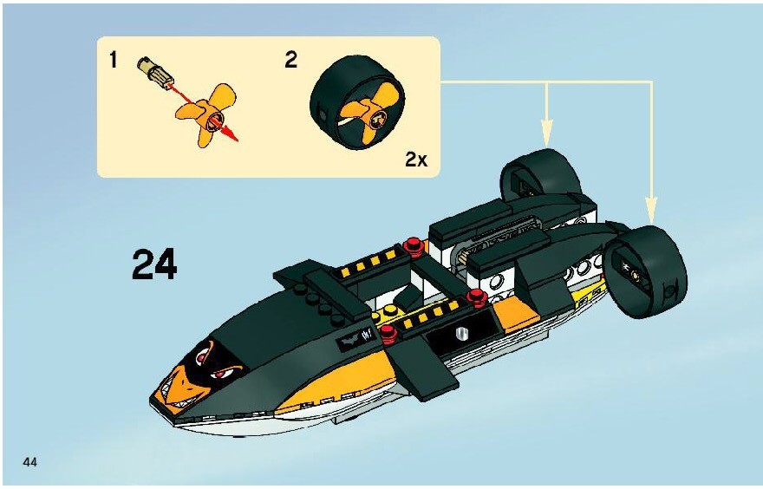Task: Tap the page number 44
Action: [x=29, y=462]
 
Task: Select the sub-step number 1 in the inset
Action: [x=114, y=61]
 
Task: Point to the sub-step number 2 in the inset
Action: [x=290, y=60]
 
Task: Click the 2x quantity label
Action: [x=416, y=160]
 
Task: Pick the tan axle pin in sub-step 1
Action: [x=153, y=71]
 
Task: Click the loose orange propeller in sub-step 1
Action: [x=208, y=114]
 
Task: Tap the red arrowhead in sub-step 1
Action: [x=232, y=134]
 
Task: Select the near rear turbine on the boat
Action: [x=646, y=271]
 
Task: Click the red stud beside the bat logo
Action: [x=388, y=332]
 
